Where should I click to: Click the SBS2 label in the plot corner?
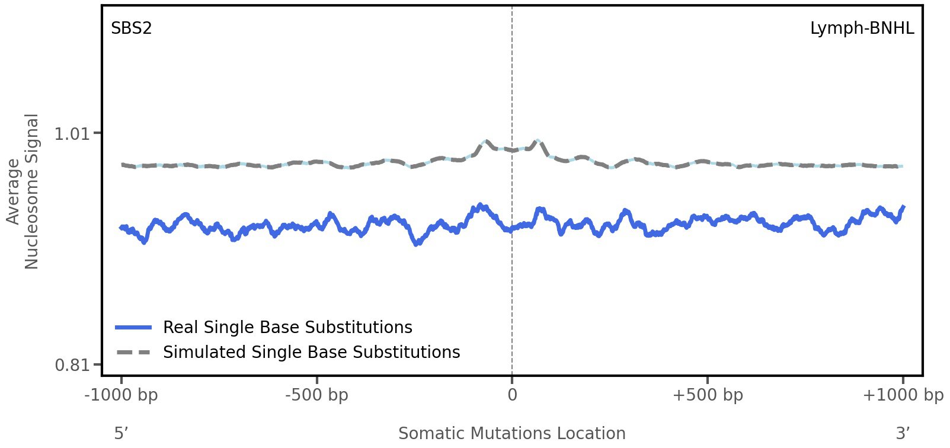tap(132, 28)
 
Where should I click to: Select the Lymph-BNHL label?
tap(862, 28)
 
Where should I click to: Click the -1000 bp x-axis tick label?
tap(121, 395)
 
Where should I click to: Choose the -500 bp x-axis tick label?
tap(316, 395)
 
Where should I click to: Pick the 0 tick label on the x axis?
tap(512, 395)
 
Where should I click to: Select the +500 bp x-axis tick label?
tap(707, 395)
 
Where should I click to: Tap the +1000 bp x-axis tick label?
tap(903, 395)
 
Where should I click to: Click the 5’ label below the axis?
tap(121, 433)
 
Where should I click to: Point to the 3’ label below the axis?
tap(903, 433)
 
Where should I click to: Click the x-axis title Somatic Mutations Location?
tap(511, 433)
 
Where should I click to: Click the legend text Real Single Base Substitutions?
tap(287, 327)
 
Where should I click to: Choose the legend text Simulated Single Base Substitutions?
tap(311, 352)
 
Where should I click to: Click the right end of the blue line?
tap(903, 207)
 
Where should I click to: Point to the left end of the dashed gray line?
tap(122, 165)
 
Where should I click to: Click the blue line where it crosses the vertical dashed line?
tap(512, 229)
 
